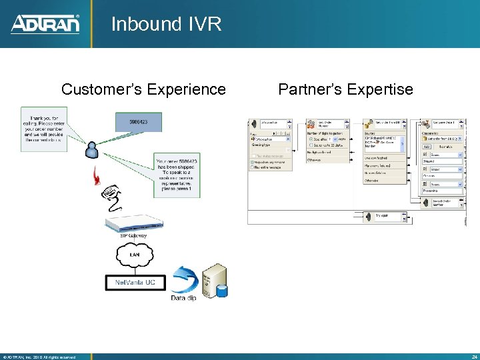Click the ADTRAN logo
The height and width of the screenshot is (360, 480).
45,24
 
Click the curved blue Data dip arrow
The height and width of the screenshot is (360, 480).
183,279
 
